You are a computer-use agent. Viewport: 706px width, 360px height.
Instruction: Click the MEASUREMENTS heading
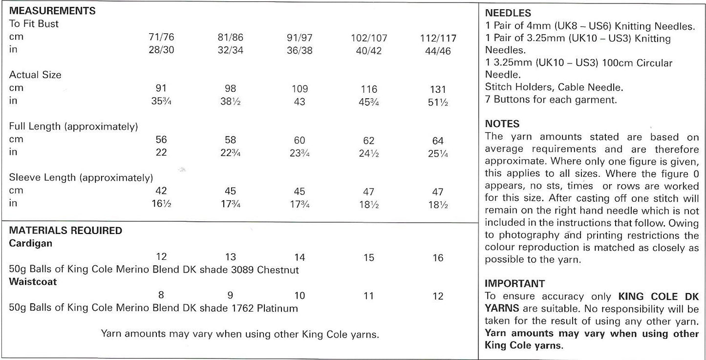pos(52,10)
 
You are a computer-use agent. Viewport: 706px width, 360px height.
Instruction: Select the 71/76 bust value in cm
pos(161,37)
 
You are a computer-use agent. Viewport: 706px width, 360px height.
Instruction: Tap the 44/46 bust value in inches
pos(438,51)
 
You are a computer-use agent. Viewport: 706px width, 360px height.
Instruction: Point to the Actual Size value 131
pos(438,89)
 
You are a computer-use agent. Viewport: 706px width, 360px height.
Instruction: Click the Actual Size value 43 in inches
pos(300,102)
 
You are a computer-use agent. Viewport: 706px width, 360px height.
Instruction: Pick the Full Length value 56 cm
pos(161,140)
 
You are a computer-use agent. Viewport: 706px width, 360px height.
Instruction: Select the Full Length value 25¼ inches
pos(438,153)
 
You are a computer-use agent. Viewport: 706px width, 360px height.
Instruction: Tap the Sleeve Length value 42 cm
pos(161,191)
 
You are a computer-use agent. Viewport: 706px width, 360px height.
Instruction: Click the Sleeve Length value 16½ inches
pos(161,204)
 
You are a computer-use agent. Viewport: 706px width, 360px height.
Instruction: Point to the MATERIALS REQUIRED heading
pos(65,231)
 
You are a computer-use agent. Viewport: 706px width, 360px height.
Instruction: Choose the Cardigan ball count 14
pos(300,257)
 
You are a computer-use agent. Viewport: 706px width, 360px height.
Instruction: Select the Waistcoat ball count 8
pos(161,295)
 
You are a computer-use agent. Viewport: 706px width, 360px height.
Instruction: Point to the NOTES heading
pos(502,124)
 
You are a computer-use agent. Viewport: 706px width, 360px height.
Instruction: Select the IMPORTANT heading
pos(514,283)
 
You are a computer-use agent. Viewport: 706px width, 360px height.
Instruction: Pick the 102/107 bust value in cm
pos(369,38)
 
